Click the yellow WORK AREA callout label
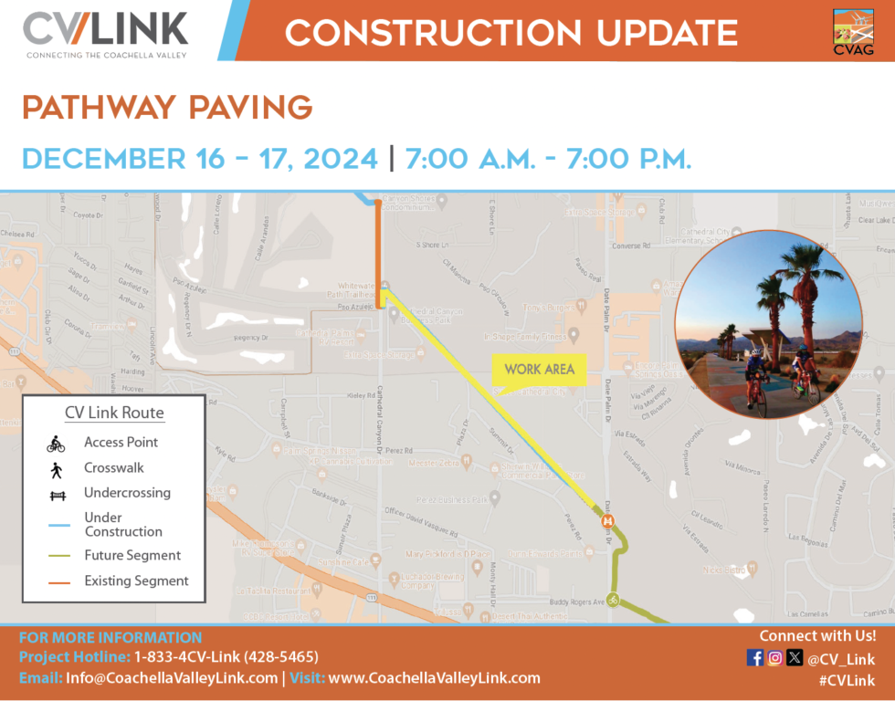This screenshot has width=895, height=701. click(x=539, y=369)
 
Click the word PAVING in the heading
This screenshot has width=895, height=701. click(x=249, y=108)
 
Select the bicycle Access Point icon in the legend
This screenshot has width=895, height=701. click(x=56, y=444)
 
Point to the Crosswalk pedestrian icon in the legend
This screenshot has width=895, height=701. click(x=56, y=469)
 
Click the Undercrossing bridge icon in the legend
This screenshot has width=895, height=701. click(x=56, y=494)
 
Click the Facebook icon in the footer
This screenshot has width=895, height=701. click(x=755, y=657)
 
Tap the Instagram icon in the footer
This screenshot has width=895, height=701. click(x=774, y=657)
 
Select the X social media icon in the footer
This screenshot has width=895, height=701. click(x=795, y=657)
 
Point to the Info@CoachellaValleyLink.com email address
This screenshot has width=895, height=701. click(x=171, y=678)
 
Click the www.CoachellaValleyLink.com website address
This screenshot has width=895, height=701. click(x=434, y=678)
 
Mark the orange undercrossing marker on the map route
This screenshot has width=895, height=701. click(x=606, y=521)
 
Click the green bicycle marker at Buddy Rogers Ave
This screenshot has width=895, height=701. click(x=615, y=600)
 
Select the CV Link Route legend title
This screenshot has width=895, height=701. click(x=114, y=413)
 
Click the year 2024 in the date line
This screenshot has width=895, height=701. click(x=339, y=159)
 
